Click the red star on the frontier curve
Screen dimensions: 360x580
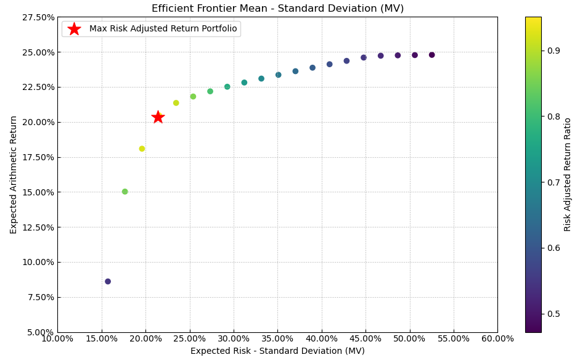[158, 117]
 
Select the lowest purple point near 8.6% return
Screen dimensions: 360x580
[108, 282]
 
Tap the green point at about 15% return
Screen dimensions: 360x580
[125, 192]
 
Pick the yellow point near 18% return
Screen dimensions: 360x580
[142, 149]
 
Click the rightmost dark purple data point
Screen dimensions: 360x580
[431, 55]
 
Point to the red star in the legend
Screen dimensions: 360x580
[74, 29]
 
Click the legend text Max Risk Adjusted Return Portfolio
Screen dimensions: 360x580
[163, 29]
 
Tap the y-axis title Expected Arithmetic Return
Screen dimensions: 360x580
[14, 174]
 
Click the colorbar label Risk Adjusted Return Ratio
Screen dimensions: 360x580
[568, 174]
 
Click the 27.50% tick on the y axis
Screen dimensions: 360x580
[37, 17]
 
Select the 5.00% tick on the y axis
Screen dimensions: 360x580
[39, 332]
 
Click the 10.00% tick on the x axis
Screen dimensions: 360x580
[57, 338]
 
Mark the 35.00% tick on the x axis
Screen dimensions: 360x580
[277, 338]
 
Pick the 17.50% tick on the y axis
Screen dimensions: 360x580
[37, 157]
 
